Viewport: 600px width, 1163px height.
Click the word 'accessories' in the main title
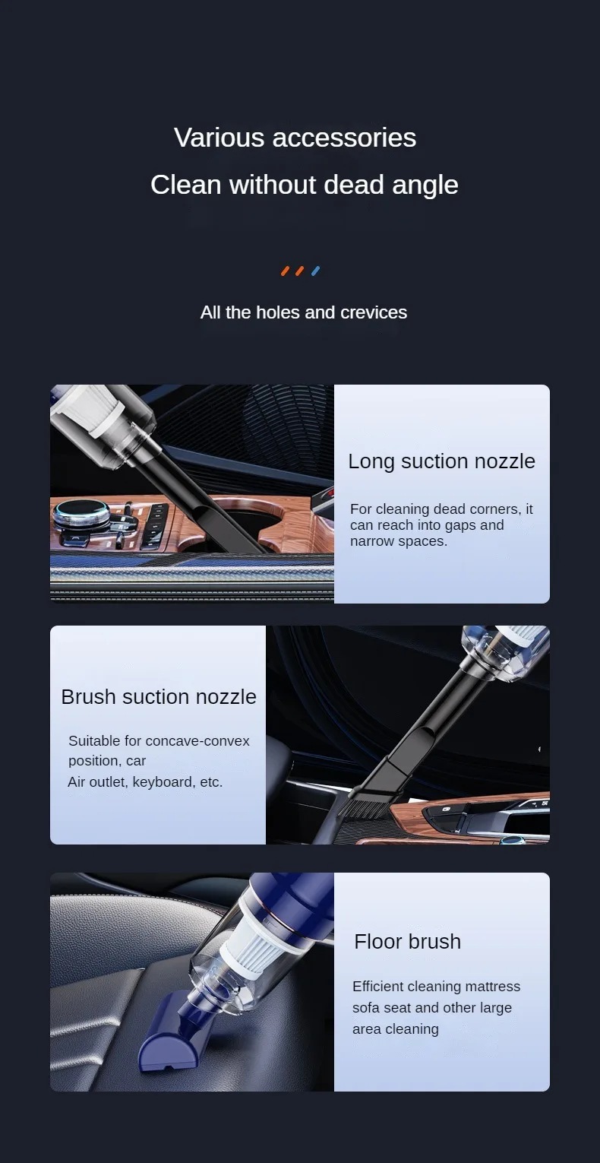point(344,138)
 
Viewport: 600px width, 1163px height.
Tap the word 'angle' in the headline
point(425,185)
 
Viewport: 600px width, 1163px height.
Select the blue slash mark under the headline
point(315,271)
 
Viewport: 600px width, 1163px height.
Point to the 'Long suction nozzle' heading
point(441,461)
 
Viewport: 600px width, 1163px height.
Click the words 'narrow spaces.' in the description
point(398,541)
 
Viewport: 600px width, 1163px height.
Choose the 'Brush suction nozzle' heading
point(159,697)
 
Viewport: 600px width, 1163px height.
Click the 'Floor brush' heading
point(408,941)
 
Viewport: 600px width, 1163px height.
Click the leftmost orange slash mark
point(285,271)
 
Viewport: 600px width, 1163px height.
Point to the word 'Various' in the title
point(219,138)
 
